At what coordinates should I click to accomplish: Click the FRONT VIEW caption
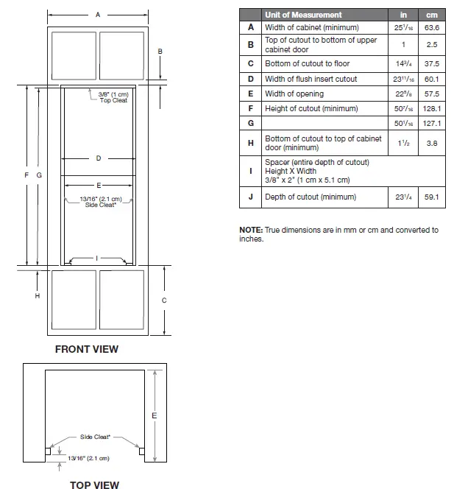coord(86,349)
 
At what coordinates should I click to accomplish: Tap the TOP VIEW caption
coord(94,484)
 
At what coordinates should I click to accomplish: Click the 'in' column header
coord(403,15)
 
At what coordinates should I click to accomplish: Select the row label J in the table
coord(251,197)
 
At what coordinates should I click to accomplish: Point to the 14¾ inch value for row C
coord(403,63)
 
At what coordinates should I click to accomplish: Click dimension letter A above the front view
coord(98,15)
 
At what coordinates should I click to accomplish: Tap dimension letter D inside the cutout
coord(98,158)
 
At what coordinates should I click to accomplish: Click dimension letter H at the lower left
coord(38,295)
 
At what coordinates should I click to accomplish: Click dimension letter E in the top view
coord(153,416)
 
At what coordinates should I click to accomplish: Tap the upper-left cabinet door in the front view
coord(74,54)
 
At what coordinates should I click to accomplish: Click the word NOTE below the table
coord(250,230)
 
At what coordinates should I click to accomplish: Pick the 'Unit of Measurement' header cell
coord(303,15)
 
